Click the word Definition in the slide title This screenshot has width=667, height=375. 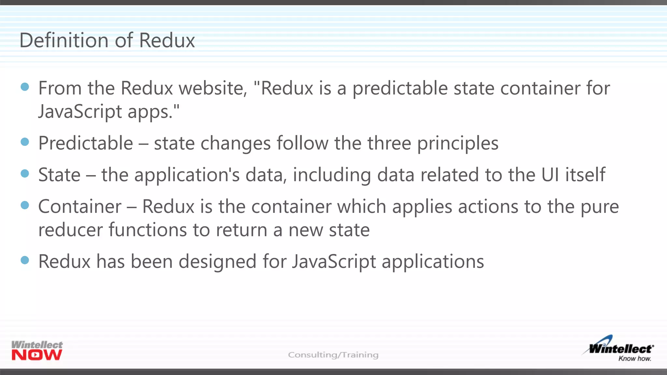64,40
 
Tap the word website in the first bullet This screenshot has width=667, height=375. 213,88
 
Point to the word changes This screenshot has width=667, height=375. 235,143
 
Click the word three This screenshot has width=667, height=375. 389,143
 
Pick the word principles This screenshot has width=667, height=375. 458,143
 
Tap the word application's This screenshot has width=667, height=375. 187,175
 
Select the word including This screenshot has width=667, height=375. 332,175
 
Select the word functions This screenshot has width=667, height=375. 148,230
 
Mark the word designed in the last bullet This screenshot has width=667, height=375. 218,261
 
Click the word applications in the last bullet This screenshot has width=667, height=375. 433,262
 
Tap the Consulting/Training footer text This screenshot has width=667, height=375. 333,354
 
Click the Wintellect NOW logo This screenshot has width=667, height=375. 37,351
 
